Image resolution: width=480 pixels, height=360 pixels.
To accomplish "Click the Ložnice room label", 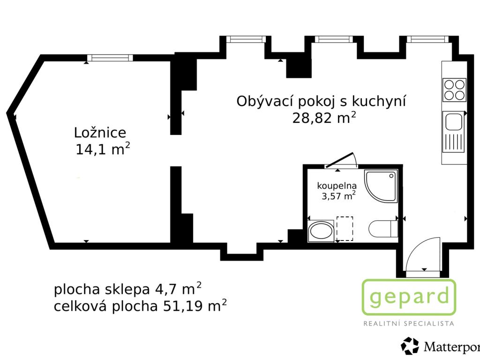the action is pos(100,133).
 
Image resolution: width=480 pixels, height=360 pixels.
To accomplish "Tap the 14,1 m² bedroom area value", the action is pos(103,150).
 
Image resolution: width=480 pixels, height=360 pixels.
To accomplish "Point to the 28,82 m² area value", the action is pos(324,118).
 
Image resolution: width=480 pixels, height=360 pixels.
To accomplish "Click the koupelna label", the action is pos(337,186).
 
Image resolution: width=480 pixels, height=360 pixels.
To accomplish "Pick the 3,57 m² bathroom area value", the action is pos(338,195).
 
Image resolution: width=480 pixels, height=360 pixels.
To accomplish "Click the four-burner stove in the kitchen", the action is pos(454,90).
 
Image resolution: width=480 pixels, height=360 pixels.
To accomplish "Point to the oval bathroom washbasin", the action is pos(321,231).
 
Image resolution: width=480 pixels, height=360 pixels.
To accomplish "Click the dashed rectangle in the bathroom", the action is pos(345,229).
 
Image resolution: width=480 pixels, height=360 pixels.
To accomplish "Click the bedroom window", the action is pos(110,58).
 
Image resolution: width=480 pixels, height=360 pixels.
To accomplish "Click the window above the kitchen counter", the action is pos(427,39).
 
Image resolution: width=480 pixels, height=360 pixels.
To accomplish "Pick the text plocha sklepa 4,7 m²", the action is pos(127,289).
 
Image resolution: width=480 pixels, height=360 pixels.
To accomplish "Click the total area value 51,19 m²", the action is pos(195,306).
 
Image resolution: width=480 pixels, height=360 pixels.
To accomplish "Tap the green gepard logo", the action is pos(409,297).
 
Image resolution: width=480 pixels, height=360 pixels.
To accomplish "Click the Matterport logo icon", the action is pos(410,346).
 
